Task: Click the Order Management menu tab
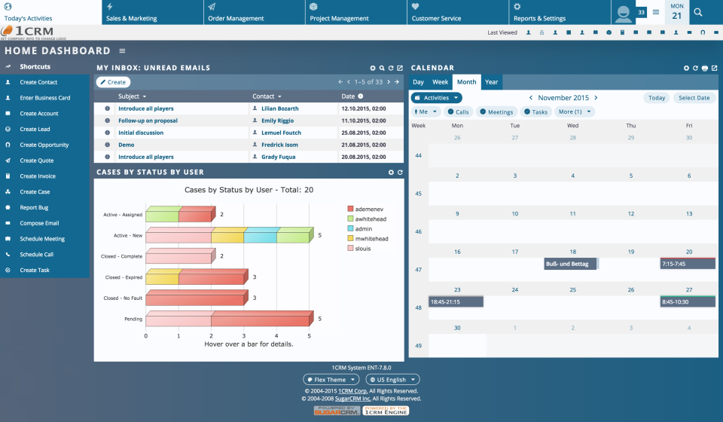tap(236, 18)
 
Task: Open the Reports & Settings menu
tap(539, 18)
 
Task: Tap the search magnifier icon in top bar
tap(698, 12)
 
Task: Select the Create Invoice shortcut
tap(38, 176)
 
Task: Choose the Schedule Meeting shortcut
tap(42, 239)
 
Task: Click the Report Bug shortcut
tap(34, 207)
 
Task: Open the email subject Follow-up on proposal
tap(148, 121)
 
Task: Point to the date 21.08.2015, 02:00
tap(363, 145)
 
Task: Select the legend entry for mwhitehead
tap(371, 238)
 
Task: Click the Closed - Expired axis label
tap(123, 277)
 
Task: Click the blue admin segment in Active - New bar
tap(260, 237)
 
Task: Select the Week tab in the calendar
tap(440, 82)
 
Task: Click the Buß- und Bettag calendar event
tap(570, 264)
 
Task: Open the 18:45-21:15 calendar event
tap(456, 301)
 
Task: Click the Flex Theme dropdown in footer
tap(331, 380)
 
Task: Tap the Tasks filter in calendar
tap(535, 112)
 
